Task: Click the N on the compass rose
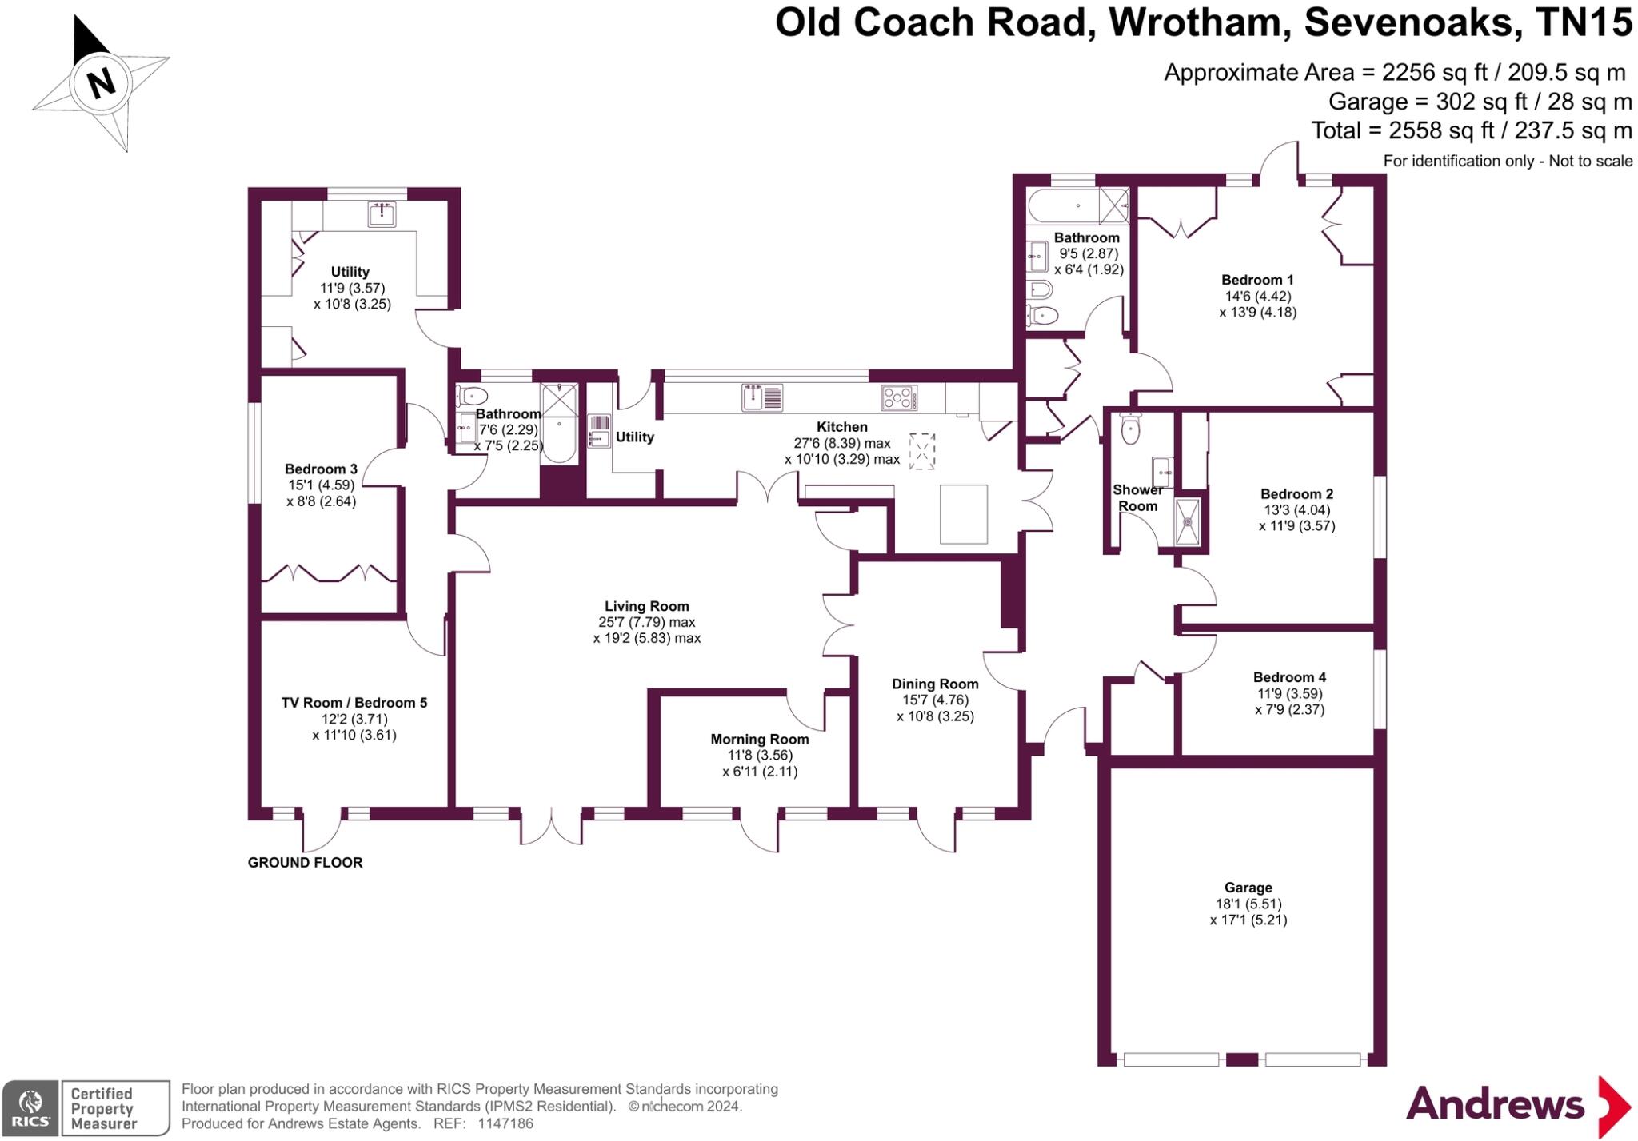coord(101,82)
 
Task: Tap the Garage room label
coord(1248,888)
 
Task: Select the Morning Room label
coord(759,740)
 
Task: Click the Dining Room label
coord(935,684)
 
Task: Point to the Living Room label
coord(646,607)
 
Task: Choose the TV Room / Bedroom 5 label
coord(354,703)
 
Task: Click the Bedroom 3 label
coord(321,469)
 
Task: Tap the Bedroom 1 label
coord(1257,280)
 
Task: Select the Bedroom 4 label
coord(1289,677)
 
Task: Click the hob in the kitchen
coord(899,397)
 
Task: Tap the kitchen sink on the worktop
coord(761,397)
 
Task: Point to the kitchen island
coord(963,514)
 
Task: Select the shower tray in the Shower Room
coord(1188,522)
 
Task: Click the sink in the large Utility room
coord(382,214)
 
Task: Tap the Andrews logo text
coord(1495,1105)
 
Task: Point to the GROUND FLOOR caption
coord(305,863)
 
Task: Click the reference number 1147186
coord(505,1123)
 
